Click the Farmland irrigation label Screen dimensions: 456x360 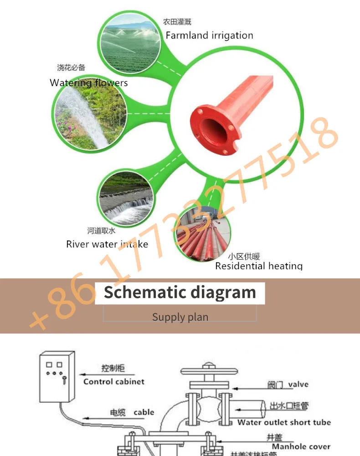tap(209, 36)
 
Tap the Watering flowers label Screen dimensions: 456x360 tap(89, 83)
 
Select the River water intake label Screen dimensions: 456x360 tap(107, 244)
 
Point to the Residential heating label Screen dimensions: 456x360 tap(258, 266)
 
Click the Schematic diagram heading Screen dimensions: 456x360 tap(180, 292)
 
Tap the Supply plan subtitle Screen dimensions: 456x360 tap(180, 317)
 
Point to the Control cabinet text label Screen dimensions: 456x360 tap(114, 382)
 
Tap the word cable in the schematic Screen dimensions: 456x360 tap(144, 412)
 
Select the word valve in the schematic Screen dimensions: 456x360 tap(298, 384)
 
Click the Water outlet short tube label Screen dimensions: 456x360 tap(283, 422)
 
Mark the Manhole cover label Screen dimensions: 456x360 tap(301, 446)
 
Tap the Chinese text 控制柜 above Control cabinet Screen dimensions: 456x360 tap(113, 369)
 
